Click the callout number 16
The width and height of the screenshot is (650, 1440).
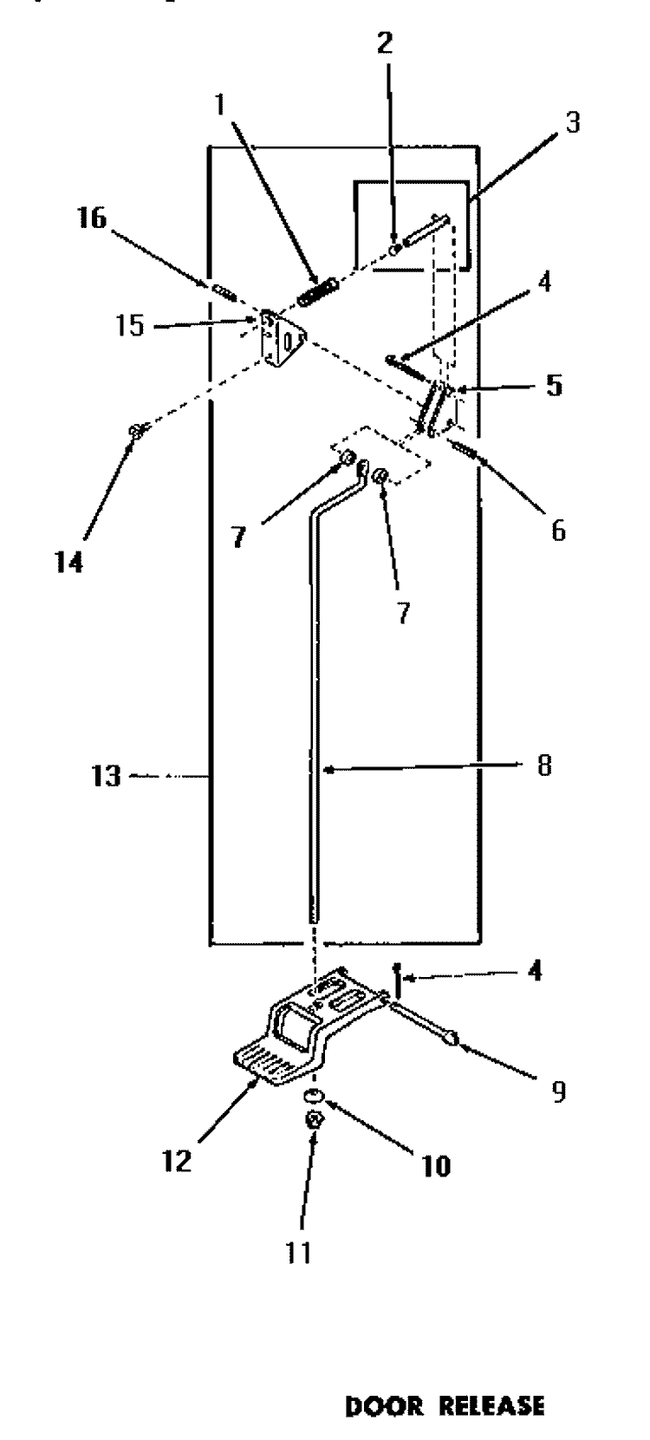[91, 218]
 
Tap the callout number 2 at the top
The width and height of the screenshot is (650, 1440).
[384, 42]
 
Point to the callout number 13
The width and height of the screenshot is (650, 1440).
[106, 776]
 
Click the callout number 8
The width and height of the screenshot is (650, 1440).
[544, 765]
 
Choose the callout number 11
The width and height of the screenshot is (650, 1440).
[298, 1252]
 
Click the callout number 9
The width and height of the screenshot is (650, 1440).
[559, 1091]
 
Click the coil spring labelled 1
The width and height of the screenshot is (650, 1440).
[317, 291]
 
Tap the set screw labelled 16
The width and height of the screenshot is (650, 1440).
[224, 291]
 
